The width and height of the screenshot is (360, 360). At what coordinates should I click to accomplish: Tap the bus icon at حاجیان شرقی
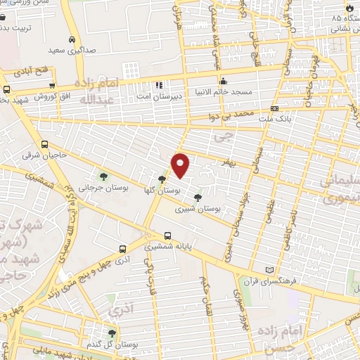tap(45, 145)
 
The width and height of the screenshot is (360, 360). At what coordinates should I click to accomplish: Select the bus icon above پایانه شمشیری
tap(167, 236)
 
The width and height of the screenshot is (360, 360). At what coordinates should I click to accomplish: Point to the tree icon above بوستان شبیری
tap(198, 198)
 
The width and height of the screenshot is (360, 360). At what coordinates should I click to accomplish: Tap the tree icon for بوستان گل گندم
tap(112, 333)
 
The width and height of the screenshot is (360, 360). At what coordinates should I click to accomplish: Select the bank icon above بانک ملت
tap(274, 109)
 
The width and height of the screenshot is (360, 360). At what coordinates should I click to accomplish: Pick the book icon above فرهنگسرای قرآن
tap(269, 270)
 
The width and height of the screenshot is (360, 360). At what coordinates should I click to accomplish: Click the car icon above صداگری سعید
tap(73, 39)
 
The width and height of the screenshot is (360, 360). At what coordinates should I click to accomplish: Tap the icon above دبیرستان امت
tap(159, 84)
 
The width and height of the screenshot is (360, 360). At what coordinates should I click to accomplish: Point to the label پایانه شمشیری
tap(169, 247)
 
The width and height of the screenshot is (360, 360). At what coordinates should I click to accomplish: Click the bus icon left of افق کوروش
tap(6, 89)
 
